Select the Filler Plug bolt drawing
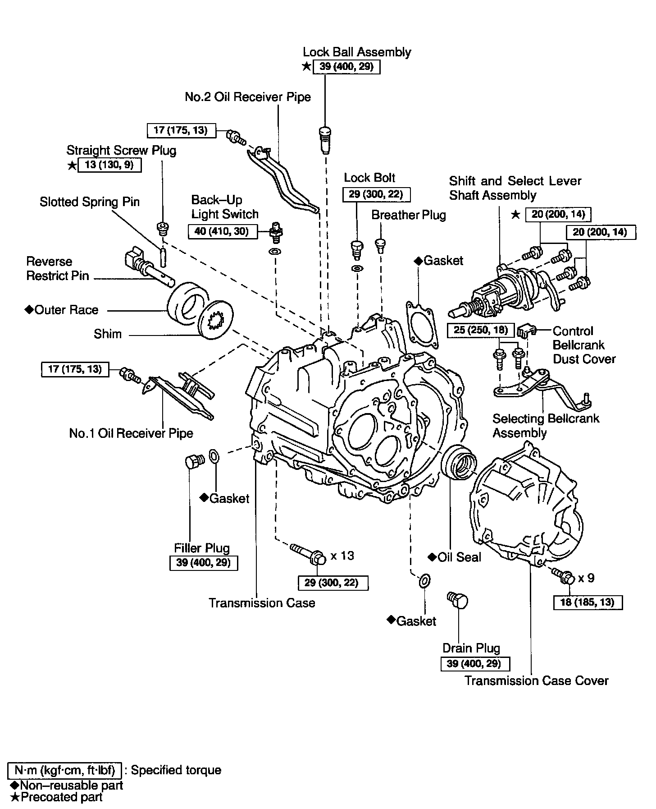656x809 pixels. [194, 461]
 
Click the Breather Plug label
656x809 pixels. [408, 215]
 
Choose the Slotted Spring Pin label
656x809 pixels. [90, 202]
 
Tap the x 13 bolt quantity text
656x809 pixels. [342, 556]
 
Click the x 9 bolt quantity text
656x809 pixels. [586, 578]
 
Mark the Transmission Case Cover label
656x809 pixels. [536, 680]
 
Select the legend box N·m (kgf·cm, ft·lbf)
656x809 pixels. [64, 770]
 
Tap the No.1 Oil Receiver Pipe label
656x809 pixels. [131, 433]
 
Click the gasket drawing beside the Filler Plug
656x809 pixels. [215, 456]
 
